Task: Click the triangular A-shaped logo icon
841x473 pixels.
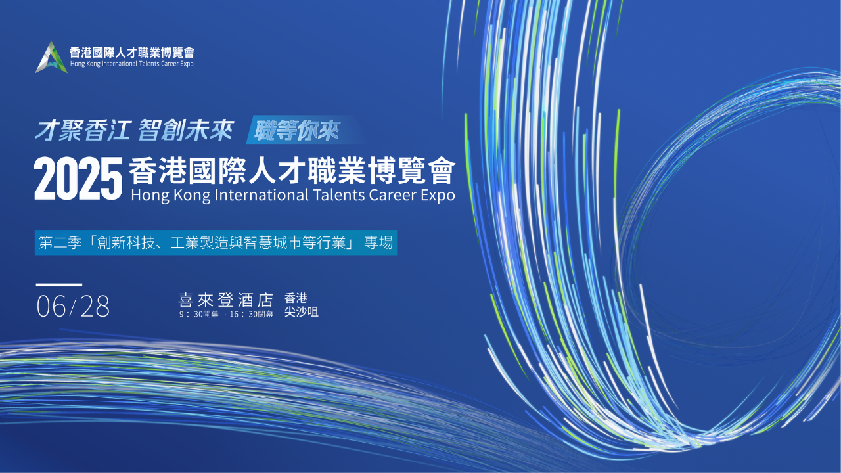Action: tap(51, 57)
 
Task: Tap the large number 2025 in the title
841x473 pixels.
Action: tap(78, 179)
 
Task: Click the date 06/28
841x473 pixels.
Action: tap(73, 306)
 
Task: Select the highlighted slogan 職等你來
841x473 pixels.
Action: tap(296, 130)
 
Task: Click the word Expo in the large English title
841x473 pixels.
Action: tap(438, 196)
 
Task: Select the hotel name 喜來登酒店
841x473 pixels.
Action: tap(225, 300)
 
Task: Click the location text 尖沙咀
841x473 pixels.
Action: tap(301, 312)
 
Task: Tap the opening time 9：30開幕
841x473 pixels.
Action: tap(198, 314)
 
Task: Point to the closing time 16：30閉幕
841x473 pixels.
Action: tap(251, 314)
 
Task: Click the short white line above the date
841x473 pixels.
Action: tap(59, 284)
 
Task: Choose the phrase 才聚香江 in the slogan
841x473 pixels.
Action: tap(83, 131)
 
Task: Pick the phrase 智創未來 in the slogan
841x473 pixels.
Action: tap(186, 131)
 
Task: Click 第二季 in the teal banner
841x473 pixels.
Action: tap(60, 243)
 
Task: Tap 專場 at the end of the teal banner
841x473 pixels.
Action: tap(378, 243)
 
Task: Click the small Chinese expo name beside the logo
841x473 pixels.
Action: tap(132, 52)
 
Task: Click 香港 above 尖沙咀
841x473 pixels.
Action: tap(296, 298)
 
